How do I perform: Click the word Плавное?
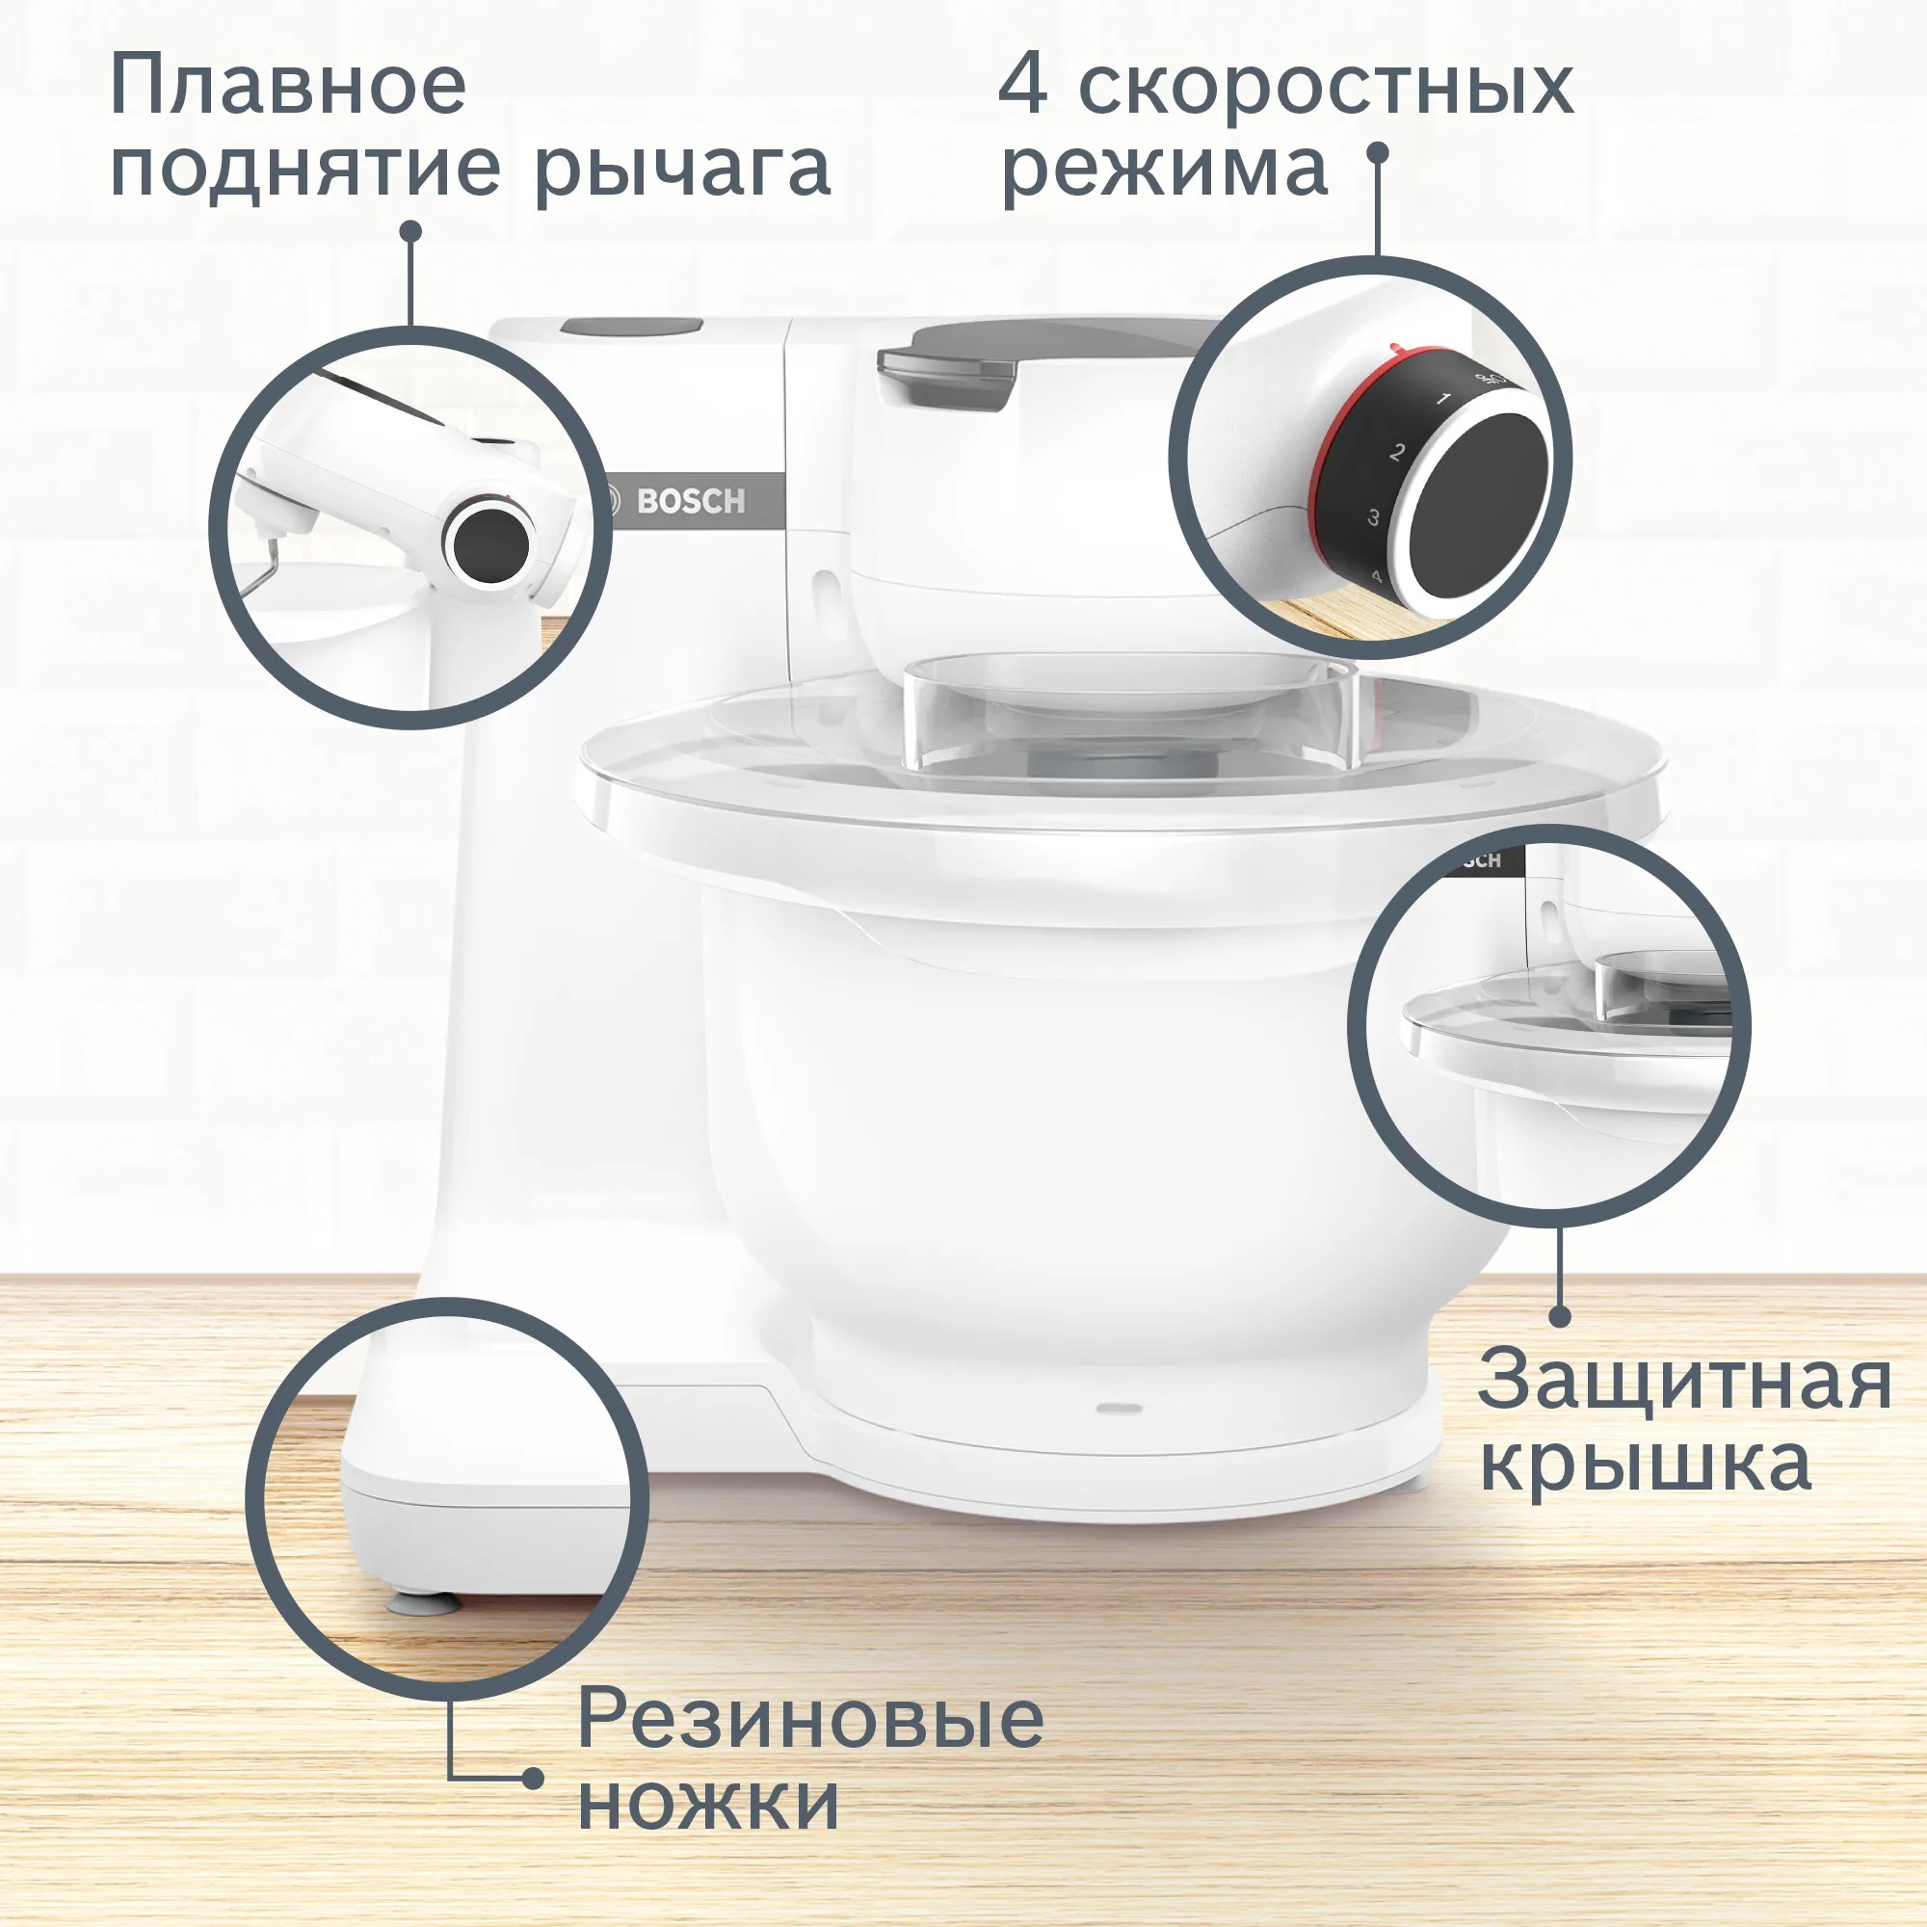288,87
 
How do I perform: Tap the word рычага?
682,170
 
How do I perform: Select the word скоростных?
1326,87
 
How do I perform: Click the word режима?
1165,170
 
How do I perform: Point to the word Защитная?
1683,1383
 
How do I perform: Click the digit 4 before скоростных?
1023,87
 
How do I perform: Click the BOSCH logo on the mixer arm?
690,501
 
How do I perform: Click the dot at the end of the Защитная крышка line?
1562,1316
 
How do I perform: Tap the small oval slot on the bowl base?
1119,1408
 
